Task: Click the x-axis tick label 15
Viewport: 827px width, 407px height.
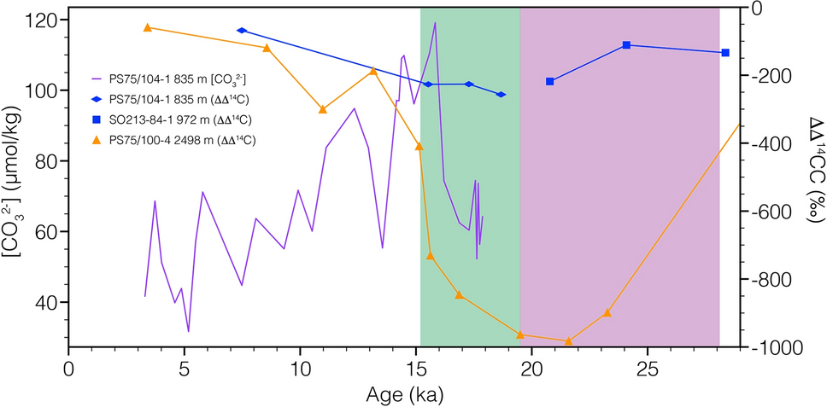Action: (415, 372)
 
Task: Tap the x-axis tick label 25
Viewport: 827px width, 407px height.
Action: (647, 372)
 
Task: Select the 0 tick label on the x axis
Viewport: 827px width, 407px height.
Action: (68, 372)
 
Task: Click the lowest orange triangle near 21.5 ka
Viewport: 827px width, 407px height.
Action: (568, 341)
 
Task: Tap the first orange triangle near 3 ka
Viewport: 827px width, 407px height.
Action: (147, 27)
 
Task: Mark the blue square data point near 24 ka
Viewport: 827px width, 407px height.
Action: (626, 44)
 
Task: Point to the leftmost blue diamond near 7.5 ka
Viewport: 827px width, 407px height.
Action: (242, 30)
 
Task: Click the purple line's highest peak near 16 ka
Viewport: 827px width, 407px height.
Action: (435, 23)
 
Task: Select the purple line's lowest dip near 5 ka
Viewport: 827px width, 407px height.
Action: (188, 331)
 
